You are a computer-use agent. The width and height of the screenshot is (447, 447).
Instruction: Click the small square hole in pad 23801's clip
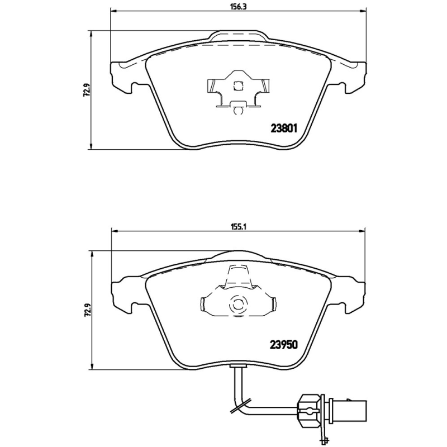(x=237, y=86)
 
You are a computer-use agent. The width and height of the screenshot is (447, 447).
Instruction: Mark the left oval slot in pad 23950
(x=203, y=304)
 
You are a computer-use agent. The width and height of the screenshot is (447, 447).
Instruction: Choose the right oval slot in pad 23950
(x=273, y=304)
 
